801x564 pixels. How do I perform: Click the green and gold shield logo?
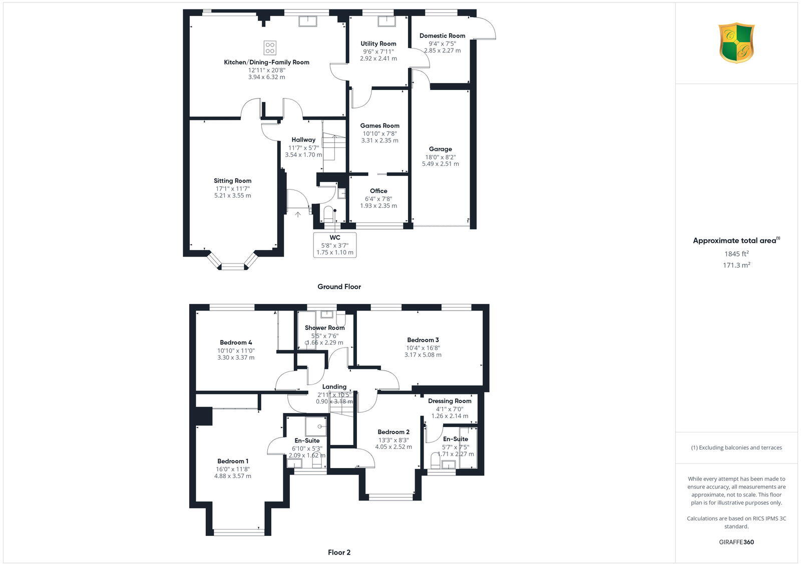736,43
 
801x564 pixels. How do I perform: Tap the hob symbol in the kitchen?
270,48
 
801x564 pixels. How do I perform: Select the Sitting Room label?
232,181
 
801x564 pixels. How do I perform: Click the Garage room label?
440,149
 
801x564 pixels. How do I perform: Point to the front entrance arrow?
298,214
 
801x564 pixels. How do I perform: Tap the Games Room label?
379,126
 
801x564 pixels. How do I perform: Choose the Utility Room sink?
386,21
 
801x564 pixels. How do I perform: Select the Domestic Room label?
442,36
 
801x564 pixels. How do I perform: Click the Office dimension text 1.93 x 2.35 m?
378,205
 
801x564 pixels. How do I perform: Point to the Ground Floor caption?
339,286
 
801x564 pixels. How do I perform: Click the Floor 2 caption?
339,552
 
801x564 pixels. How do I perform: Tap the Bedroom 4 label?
236,342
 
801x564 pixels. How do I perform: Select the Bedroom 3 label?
423,340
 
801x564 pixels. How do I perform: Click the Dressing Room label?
450,401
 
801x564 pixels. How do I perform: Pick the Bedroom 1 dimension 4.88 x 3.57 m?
233,476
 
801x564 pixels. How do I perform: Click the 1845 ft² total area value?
736,253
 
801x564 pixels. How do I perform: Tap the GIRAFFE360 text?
736,542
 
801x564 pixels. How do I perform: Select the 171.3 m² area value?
736,265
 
